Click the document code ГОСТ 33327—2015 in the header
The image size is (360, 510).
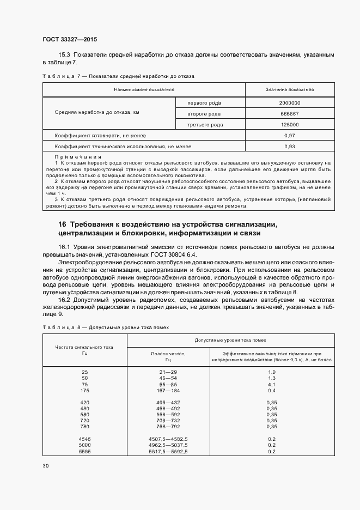70,39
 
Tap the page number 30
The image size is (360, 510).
45,466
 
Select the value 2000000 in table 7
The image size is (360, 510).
289,102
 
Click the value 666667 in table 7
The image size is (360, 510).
289,114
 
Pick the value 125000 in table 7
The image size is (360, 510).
289,125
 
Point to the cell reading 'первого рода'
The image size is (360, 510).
204,102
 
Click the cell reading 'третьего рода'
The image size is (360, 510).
205,125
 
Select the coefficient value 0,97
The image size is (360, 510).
289,135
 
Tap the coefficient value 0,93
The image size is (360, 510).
289,147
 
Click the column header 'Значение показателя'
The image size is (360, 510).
289,89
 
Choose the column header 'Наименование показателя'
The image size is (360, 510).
144,89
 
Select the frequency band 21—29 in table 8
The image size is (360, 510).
168,372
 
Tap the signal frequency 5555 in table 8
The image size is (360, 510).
84,451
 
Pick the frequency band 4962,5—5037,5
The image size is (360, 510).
168,445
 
